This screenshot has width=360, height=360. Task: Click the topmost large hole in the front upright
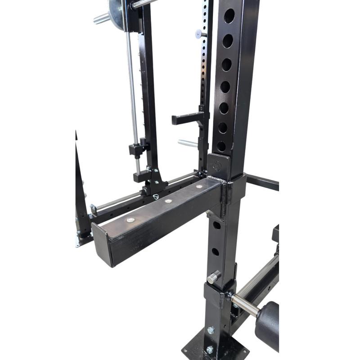(x=229, y=16)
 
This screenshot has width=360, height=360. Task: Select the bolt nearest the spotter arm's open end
(x=131, y=220)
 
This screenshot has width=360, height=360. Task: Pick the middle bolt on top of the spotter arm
(x=168, y=201)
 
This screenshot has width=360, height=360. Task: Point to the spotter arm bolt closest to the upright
(x=198, y=186)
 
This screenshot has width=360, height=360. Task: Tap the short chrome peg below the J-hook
(x=187, y=144)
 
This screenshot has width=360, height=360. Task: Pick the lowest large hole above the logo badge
(x=221, y=146)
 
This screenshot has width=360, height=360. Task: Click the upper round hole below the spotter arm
(x=216, y=225)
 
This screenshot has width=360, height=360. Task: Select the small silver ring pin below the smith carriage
(x=156, y=196)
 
